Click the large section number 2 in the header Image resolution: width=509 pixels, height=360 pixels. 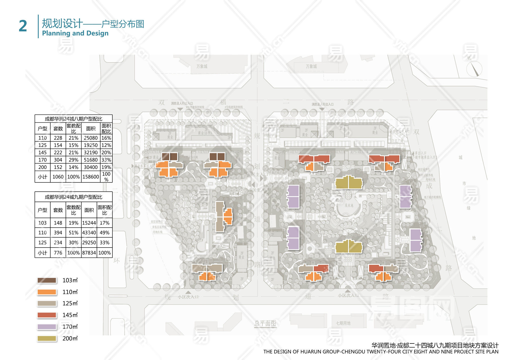(23, 26)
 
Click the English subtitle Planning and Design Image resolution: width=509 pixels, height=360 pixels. (75, 33)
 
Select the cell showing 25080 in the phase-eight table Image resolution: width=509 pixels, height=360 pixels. (91, 138)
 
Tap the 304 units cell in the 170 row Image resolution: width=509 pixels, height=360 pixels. (58, 160)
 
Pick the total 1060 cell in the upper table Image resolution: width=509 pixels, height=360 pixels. (58, 177)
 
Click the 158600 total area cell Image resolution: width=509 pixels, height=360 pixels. (91, 177)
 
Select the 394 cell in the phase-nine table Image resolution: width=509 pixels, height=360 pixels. (58, 233)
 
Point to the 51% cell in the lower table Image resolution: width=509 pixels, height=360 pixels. (73, 233)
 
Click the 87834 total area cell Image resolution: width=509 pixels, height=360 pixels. (89, 253)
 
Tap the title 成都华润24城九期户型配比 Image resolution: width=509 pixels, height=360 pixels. (73, 197)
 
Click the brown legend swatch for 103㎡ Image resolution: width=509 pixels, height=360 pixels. (47, 280)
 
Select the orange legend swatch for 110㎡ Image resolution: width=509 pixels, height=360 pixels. (47, 292)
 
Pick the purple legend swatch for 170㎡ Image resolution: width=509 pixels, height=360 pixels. (47, 327)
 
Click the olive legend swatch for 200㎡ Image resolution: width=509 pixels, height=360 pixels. (47, 338)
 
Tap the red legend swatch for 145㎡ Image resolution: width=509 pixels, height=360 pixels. (47, 315)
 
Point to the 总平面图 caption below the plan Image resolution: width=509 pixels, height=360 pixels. (265, 323)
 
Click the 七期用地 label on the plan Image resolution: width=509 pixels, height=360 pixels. (343, 323)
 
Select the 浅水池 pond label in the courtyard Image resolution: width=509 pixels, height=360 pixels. (349, 205)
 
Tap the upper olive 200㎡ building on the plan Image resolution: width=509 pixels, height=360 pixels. (349, 183)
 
